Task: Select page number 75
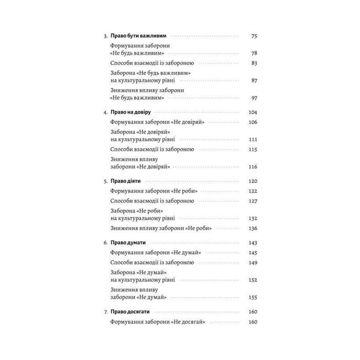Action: (x=254, y=36)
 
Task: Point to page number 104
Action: (x=253, y=112)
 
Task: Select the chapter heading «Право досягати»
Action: (x=130, y=312)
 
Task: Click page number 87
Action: (x=254, y=80)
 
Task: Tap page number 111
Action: (x=253, y=139)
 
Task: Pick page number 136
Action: (x=253, y=228)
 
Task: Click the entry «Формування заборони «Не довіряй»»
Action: (x=157, y=122)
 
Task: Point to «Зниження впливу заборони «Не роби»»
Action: (x=161, y=228)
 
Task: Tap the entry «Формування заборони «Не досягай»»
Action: (x=158, y=322)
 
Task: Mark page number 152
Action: (x=253, y=280)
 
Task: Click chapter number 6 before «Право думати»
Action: (x=105, y=243)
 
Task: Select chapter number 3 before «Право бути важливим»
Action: (x=105, y=36)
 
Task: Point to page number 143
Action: (x=253, y=243)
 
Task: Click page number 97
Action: (x=254, y=98)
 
